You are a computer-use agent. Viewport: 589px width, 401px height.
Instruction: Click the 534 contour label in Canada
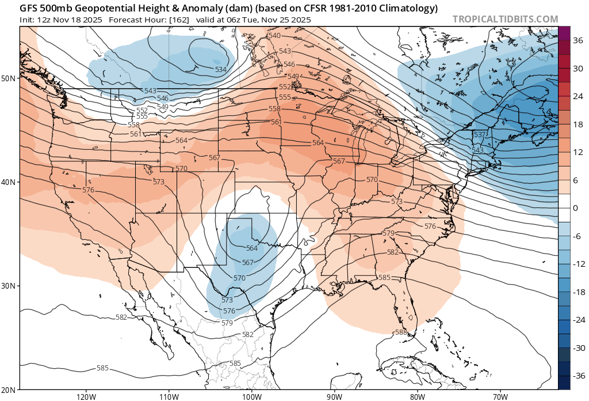point(220,70)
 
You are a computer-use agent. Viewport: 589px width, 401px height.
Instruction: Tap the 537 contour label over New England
point(479,135)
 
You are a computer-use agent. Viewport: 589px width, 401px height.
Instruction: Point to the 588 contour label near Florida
point(401,332)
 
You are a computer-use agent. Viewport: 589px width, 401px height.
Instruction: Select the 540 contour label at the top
point(274,36)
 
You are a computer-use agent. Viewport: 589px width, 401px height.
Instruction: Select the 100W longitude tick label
point(251,396)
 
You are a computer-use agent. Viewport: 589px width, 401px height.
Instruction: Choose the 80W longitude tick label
point(417,396)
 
